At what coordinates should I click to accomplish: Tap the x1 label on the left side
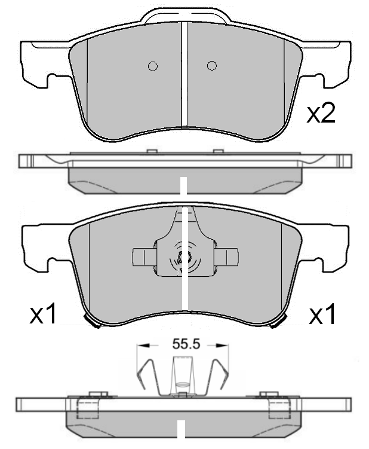coord(44,314)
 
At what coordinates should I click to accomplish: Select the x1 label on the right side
coord(322,314)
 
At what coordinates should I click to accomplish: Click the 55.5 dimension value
coord(185,344)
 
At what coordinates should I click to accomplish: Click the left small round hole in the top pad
coord(152,66)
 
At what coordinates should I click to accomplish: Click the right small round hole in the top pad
coord(211,66)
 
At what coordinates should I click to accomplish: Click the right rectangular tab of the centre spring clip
coord(227,256)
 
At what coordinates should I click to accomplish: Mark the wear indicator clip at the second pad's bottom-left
coord(92,322)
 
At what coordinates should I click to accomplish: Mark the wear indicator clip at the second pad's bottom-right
coord(276,322)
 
